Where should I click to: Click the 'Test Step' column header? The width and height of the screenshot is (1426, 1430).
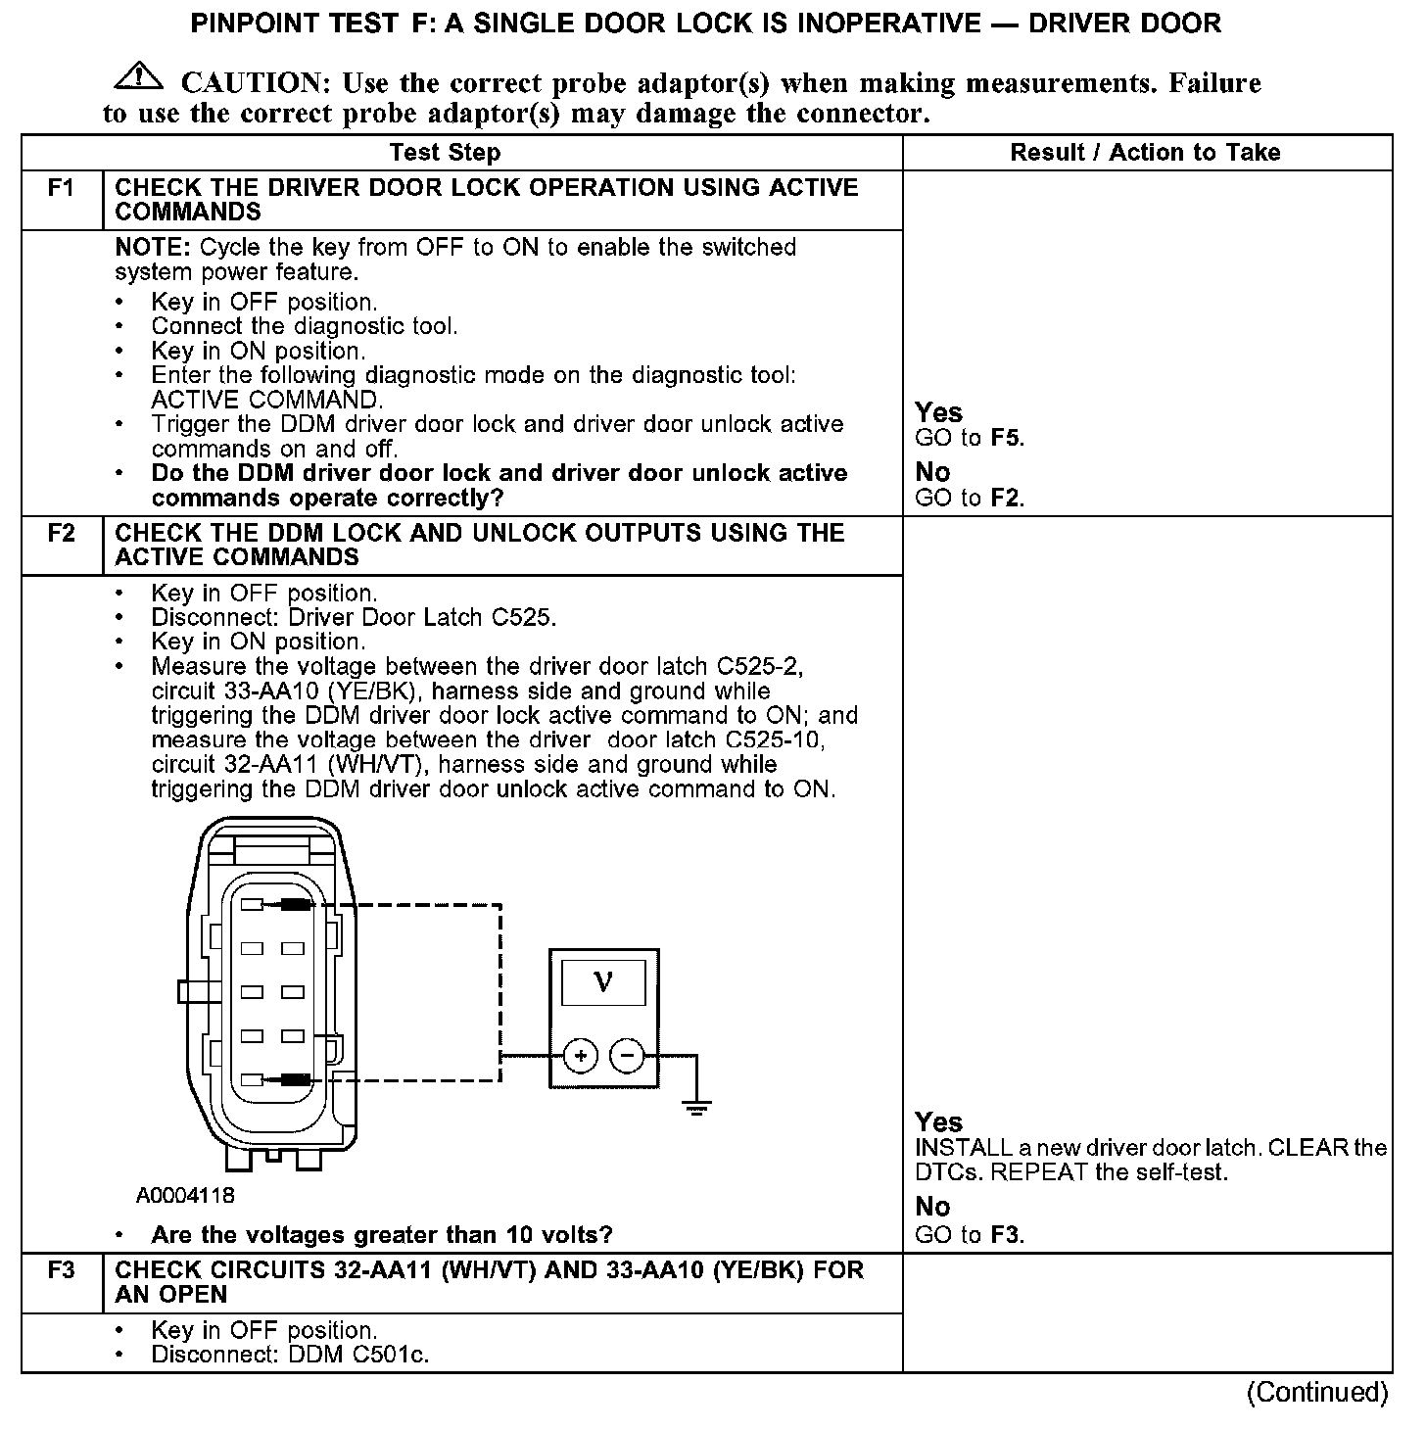pyautogui.click(x=445, y=153)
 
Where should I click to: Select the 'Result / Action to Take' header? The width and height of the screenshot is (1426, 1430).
pyautogui.click(x=1145, y=153)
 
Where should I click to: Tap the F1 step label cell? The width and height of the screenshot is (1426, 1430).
pyautogui.click(x=62, y=188)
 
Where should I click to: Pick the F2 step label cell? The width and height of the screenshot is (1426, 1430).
pyautogui.click(x=62, y=534)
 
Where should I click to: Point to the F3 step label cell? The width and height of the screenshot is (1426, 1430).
pyautogui.click(x=62, y=1270)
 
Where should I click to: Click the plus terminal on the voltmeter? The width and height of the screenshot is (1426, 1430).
pyautogui.click(x=581, y=1056)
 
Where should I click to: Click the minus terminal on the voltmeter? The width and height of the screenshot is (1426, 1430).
pyautogui.click(x=627, y=1056)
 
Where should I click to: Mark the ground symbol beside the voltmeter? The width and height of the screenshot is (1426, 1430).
pyautogui.click(x=696, y=1107)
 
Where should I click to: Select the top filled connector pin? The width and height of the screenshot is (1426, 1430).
pyautogui.click(x=295, y=905)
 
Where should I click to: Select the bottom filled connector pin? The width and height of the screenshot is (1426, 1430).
pyautogui.click(x=295, y=1080)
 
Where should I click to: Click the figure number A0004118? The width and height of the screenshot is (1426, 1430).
pyautogui.click(x=185, y=1196)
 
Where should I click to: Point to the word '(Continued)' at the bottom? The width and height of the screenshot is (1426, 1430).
pyautogui.click(x=1316, y=1393)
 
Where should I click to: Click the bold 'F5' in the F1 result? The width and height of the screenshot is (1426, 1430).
pyautogui.click(x=1006, y=438)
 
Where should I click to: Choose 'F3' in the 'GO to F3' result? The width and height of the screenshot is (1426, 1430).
pyautogui.click(x=1006, y=1235)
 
